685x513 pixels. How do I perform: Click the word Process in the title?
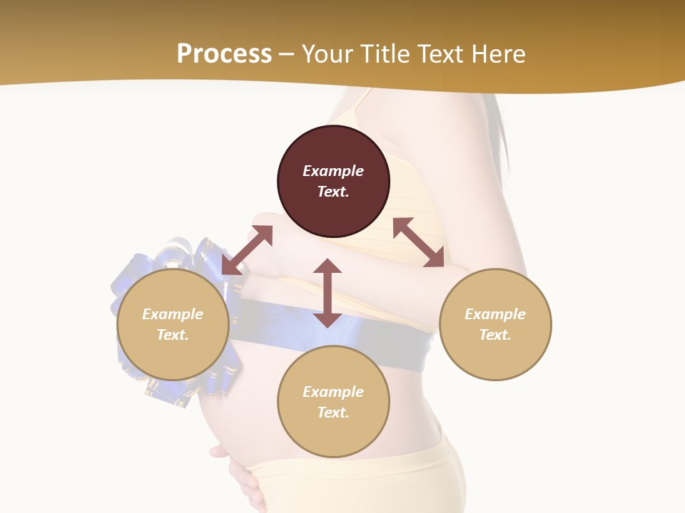tap(224, 54)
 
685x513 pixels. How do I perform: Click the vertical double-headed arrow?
tap(328, 293)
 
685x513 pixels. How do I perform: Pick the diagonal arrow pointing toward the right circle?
tap(418, 242)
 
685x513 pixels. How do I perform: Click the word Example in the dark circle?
tap(333, 171)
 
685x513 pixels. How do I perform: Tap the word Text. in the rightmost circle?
tap(495, 335)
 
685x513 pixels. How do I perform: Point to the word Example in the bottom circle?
tap(333, 392)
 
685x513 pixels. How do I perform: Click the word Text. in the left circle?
tap(173, 335)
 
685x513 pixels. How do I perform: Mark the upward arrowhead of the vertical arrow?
tap(328, 266)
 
